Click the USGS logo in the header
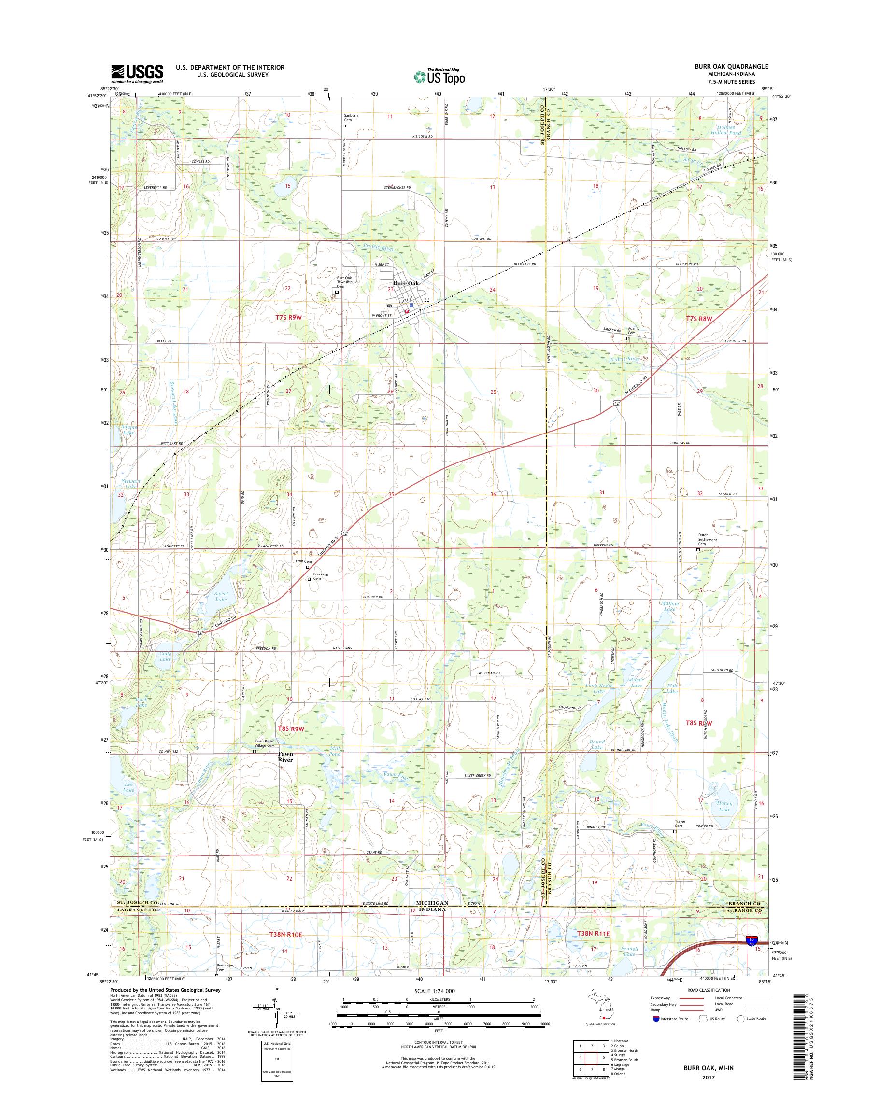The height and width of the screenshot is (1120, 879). pos(138,73)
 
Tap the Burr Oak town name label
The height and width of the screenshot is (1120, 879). pos(406,283)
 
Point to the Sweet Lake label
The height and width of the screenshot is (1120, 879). pos(221,596)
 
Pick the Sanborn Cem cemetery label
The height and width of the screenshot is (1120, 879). pos(351,118)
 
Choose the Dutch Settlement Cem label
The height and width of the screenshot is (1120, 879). pos(703,539)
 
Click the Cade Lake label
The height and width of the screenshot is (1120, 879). pos(165,656)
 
